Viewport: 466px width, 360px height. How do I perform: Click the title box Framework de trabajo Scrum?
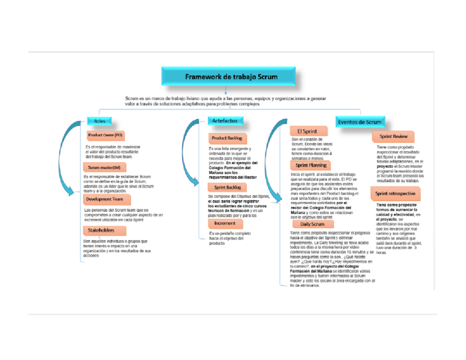click(231, 77)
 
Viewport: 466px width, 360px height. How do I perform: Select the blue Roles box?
click(100, 121)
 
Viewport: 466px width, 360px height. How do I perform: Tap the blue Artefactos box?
click(225, 121)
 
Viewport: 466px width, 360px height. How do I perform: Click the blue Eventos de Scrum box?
click(360, 122)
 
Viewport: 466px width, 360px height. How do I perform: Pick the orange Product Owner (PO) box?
click(105, 136)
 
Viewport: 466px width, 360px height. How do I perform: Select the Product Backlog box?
click(227, 138)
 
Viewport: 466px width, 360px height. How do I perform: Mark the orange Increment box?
click(225, 224)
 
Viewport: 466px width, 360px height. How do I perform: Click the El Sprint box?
click(307, 131)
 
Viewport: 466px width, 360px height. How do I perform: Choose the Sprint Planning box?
click(311, 165)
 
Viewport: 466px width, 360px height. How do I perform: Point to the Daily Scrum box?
click(312, 224)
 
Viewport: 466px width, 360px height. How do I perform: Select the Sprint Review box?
click(393, 136)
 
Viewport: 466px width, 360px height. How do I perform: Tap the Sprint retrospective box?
click(395, 193)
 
